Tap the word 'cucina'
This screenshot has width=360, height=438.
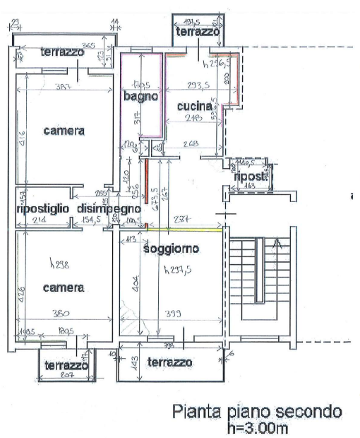point(195,106)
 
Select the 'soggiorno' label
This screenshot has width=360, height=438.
point(170,249)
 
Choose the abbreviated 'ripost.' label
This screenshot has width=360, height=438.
point(251,177)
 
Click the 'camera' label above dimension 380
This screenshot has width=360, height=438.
point(64,288)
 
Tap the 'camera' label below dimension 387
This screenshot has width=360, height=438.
point(64,131)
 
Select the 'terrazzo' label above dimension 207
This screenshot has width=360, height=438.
point(66,365)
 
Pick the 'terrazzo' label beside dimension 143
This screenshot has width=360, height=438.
point(169,362)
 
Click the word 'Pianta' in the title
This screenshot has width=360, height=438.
point(199,412)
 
